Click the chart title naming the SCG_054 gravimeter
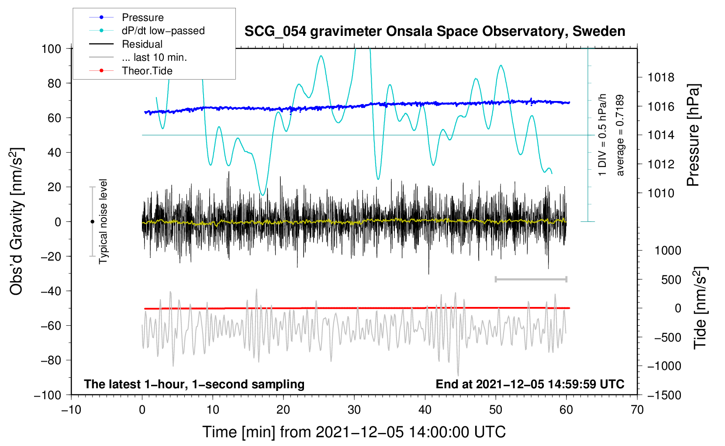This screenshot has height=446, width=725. pos(435,31)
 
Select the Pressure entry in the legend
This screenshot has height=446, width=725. pos(142,17)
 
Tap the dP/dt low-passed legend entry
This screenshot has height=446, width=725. pos(163,31)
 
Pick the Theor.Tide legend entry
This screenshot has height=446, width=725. pos(147,71)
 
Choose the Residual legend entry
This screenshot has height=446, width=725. pos(142,44)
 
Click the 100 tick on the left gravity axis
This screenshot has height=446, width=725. pos(51,49)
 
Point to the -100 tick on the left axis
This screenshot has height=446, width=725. pos(48,395)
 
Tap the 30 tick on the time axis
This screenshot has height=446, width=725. pos(354,410)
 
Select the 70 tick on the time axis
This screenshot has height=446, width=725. pos(637,410)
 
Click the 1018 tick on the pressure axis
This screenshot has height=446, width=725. pos(661,78)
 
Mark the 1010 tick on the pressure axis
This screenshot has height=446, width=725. pos(661,193)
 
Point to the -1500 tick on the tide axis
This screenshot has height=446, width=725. pos(664,395)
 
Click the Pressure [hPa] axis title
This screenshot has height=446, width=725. pos(694,136)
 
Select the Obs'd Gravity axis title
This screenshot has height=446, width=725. pos(17,222)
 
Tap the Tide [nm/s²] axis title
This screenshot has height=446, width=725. pos(700,308)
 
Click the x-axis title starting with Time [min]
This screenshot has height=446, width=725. pos(354,432)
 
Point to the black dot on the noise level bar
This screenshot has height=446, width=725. pos(92,222)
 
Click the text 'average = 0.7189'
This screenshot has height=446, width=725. pos(620,136)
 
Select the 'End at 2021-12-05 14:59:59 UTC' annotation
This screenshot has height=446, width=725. pos(530,384)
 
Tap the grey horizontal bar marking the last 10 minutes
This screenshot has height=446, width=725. pos(531,279)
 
